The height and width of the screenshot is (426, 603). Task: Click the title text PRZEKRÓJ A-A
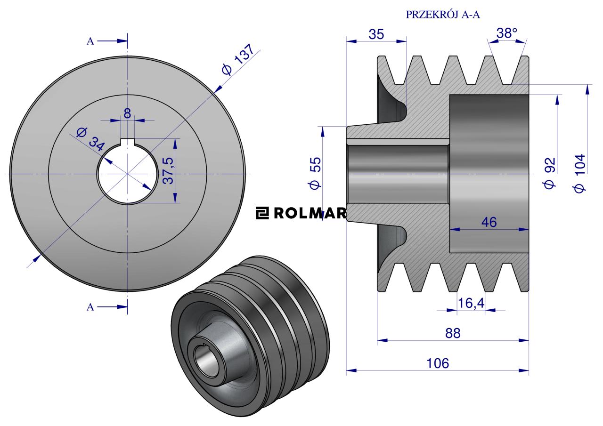click(442, 15)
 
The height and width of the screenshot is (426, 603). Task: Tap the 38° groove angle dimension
click(507, 33)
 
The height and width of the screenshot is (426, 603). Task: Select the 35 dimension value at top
click(376, 34)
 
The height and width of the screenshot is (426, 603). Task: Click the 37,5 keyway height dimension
click(168, 170)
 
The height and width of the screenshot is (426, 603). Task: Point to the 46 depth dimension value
click(489, 222)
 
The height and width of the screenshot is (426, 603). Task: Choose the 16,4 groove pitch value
click(471, 303)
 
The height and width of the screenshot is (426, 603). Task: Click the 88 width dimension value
click(453, 333)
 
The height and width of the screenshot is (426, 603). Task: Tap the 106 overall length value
click(438, 363)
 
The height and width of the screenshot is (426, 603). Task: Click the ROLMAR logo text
click(301, 214)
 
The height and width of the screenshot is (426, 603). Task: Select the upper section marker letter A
click(90, 41)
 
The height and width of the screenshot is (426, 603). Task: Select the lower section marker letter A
click(90, 307)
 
